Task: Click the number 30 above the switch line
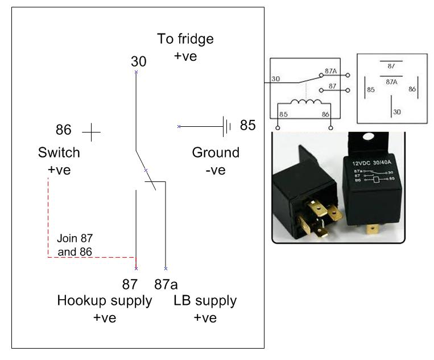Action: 138,61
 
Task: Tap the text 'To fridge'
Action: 185,39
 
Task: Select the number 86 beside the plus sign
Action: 64,130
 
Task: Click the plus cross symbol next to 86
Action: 91,133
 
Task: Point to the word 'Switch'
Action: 59,153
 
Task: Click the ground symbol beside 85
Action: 227,126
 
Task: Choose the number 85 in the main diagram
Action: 247,125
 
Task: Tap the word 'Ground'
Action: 216,153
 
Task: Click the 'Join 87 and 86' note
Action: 75,245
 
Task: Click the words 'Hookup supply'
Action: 105,300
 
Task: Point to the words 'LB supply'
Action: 205,300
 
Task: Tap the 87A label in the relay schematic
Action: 330,72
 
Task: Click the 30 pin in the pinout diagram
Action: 396,111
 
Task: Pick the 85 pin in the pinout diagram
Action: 370,89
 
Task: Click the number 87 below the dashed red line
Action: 130,284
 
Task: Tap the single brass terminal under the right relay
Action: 373,229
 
